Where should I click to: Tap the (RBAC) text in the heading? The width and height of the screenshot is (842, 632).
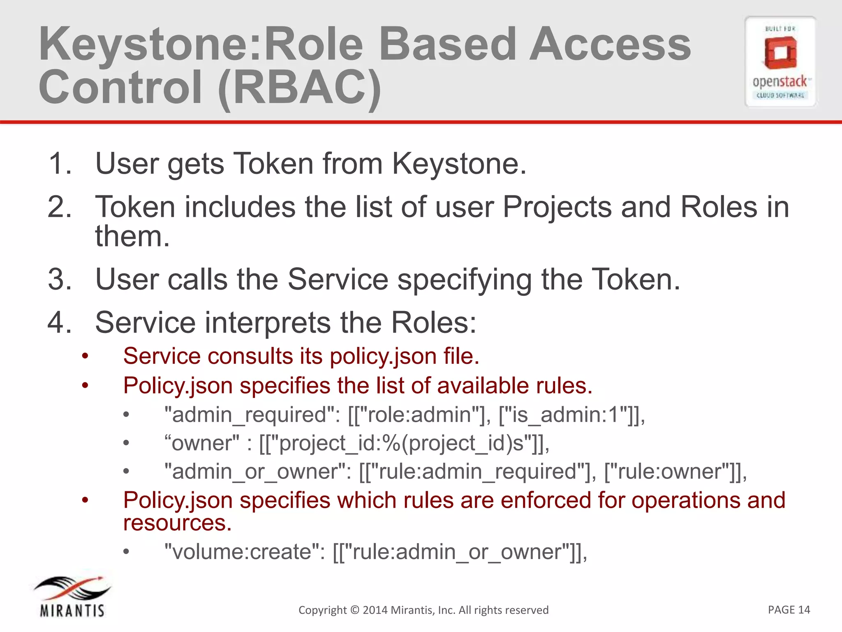click(300, 87)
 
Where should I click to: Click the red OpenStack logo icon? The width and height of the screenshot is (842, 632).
click(780, 53)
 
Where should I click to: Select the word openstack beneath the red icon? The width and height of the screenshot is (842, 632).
click(780, 82)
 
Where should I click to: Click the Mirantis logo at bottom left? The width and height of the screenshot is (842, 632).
click(72, 597)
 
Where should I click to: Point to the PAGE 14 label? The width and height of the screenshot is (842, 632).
click(789, 609)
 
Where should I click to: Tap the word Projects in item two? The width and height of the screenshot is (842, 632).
click(557, 207)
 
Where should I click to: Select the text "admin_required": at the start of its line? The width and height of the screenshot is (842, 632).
click(252, 414)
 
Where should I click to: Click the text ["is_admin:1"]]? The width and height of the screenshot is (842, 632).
click(571, 414)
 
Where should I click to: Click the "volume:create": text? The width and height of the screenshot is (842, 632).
click(245, 552)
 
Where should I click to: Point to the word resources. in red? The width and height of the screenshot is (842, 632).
click(178, 523)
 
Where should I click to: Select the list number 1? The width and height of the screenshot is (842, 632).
click(60, 164)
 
